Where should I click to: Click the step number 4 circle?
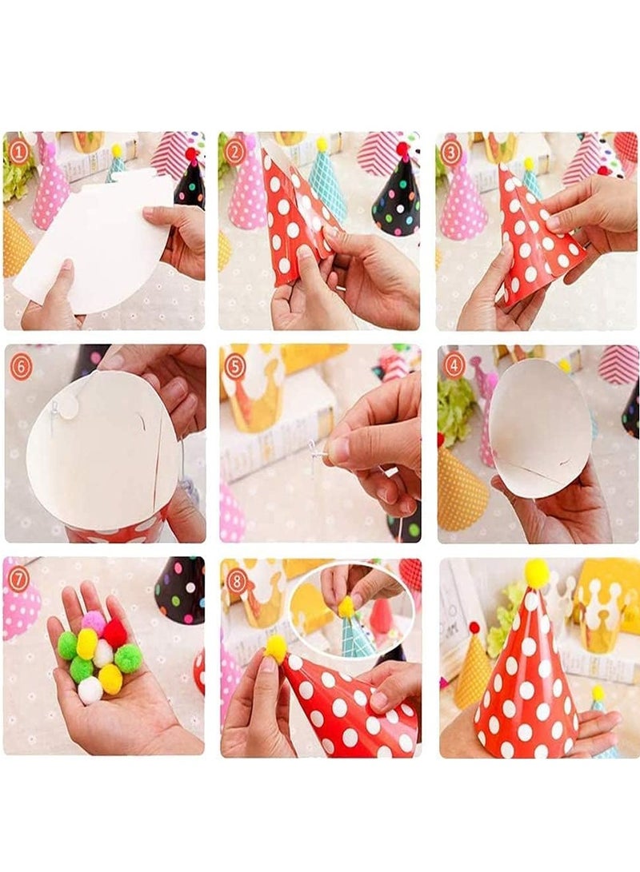454,364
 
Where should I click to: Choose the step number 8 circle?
236,581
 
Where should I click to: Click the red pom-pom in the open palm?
115,633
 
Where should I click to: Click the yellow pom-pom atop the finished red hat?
536,572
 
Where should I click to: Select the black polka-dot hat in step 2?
397,200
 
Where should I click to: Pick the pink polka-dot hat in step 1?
50,192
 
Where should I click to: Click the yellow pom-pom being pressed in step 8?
276,648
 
